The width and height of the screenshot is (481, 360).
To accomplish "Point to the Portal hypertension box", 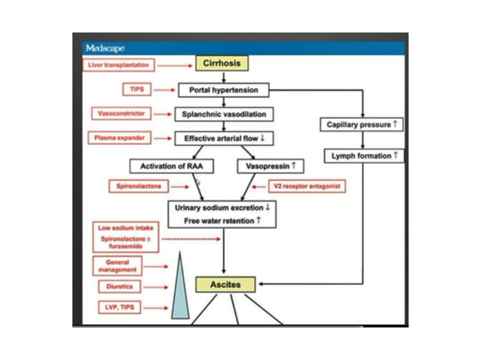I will click(x=223, y=90).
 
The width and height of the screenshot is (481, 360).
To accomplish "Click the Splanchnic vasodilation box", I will click(x=224, y=114).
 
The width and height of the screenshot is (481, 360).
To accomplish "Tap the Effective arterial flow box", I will click(x=224, y=139).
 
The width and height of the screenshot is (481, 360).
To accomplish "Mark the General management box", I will click(x=117, y=265).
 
